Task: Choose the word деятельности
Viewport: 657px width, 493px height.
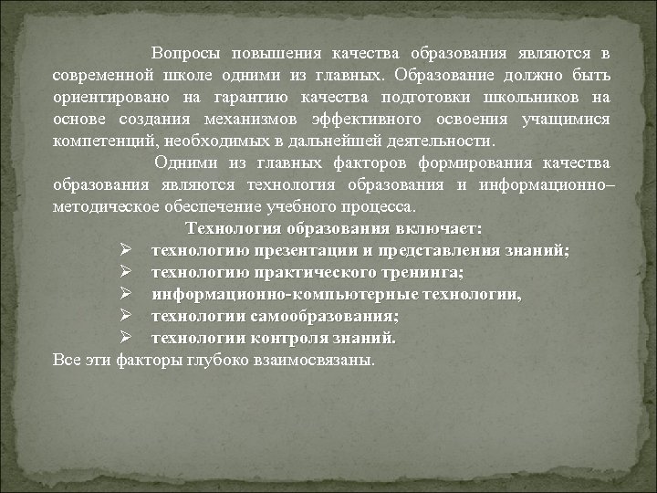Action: [x=440, y=142]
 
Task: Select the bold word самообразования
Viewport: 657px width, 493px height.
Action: [x=323, y=316]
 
